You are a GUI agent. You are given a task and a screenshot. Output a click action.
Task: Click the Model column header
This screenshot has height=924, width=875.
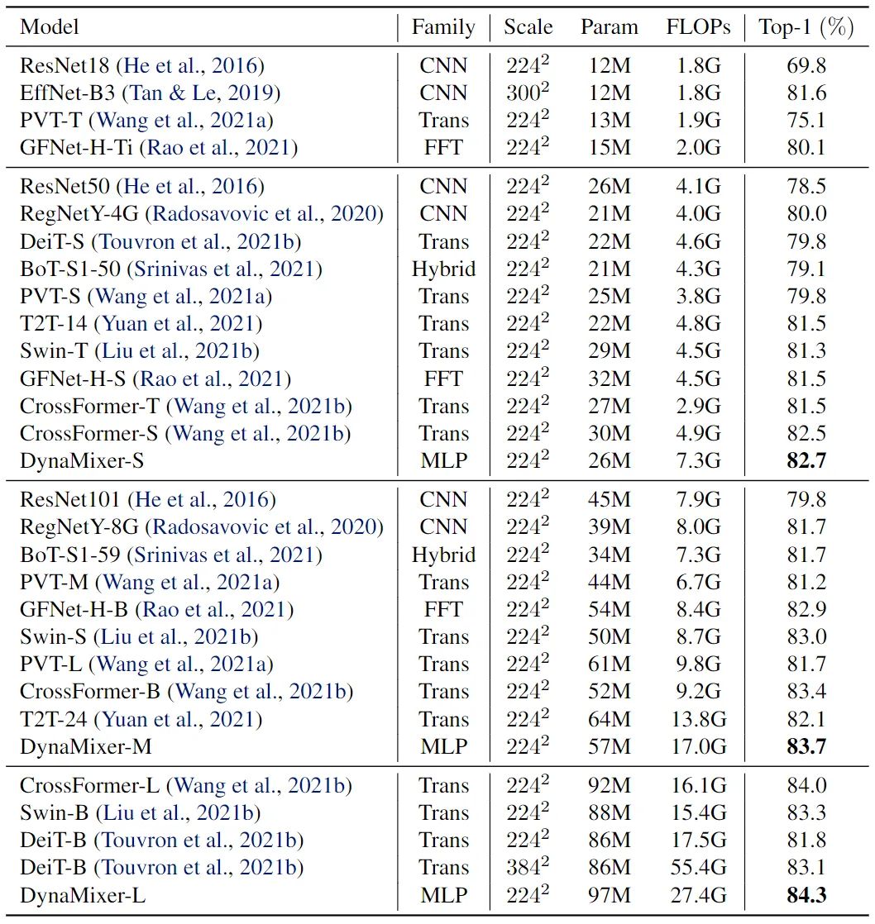pyautogui.click(x=50, y=26)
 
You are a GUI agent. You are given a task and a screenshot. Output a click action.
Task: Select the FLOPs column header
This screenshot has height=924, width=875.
pyautogui.click(x=698, y=26)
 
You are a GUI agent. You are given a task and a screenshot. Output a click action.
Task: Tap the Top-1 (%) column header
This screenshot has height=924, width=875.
pyautogui.click(x=806, y=26)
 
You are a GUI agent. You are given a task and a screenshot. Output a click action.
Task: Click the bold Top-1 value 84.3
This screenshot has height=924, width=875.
pyautogui.click(x=806, y=895)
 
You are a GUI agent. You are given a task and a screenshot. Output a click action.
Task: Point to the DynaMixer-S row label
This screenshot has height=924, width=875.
pyautogui.click(x=82, y=461)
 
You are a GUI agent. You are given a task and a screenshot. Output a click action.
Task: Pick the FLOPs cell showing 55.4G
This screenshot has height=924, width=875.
pyautogui.click(x=698, y=868)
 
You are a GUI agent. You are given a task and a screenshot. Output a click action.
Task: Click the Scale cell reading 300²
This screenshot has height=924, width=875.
pyautogui.click(x=528, y=93)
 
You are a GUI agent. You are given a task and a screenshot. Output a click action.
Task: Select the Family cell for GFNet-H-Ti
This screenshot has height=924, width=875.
pyautogui.click(x=443, y=148)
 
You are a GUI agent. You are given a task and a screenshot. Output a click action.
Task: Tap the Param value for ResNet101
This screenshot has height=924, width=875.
pyautogui.click(x=610, y=500)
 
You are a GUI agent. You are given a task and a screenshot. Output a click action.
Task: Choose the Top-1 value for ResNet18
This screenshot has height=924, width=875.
pyautogui.click(x=806, y=65)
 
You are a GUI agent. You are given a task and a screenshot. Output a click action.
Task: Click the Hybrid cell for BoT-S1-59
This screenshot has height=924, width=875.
pyautogui.click(x=443, y=555)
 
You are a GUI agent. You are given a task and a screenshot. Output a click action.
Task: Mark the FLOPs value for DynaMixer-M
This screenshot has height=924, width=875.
pyautogui.click(x=698, y=747)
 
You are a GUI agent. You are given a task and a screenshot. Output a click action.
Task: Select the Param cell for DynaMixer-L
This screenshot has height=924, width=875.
pyautogui.click(x=610, y=895)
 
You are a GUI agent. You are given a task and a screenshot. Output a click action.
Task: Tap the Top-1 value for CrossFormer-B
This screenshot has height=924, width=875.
pyautogui.click(x=806, y=692)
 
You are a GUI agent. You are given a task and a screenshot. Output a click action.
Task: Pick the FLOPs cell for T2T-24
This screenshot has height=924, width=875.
pyautogui.click(x=698, y=720)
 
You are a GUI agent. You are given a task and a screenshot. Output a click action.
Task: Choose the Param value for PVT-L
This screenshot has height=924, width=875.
pyautogui.click(x=610, y=664)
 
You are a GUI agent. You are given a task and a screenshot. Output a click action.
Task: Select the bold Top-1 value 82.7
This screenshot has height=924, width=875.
pyautogui.click(x=806, y=461)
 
